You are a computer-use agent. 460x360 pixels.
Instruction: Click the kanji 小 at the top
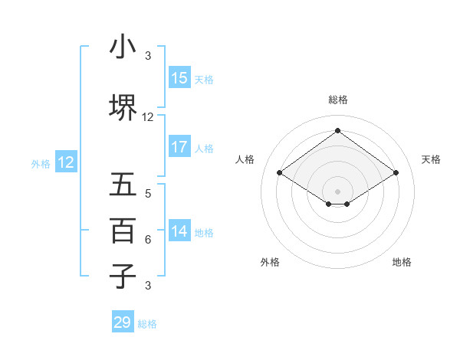123,47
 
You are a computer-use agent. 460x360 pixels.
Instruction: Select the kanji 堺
123,106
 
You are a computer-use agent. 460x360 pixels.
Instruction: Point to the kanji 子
123,275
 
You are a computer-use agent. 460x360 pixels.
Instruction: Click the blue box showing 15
179,77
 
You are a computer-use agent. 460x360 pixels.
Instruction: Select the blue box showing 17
179,147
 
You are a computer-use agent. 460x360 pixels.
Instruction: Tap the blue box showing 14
179,231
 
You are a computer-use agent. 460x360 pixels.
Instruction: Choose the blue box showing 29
123,322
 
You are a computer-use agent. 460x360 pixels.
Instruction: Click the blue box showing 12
66,162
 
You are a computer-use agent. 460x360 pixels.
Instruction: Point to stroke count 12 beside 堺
148,117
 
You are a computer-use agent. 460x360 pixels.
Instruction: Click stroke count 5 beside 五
148,194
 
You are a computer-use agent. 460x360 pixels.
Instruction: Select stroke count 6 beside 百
148,240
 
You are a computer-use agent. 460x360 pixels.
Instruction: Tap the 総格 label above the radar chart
337,100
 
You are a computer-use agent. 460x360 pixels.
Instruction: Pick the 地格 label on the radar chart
402,262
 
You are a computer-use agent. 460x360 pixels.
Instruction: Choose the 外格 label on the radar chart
270,262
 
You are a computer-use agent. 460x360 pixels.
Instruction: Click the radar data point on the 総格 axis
337,131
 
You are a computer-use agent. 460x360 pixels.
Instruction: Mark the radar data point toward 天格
396,172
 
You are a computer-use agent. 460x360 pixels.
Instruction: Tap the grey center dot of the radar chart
337,191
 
